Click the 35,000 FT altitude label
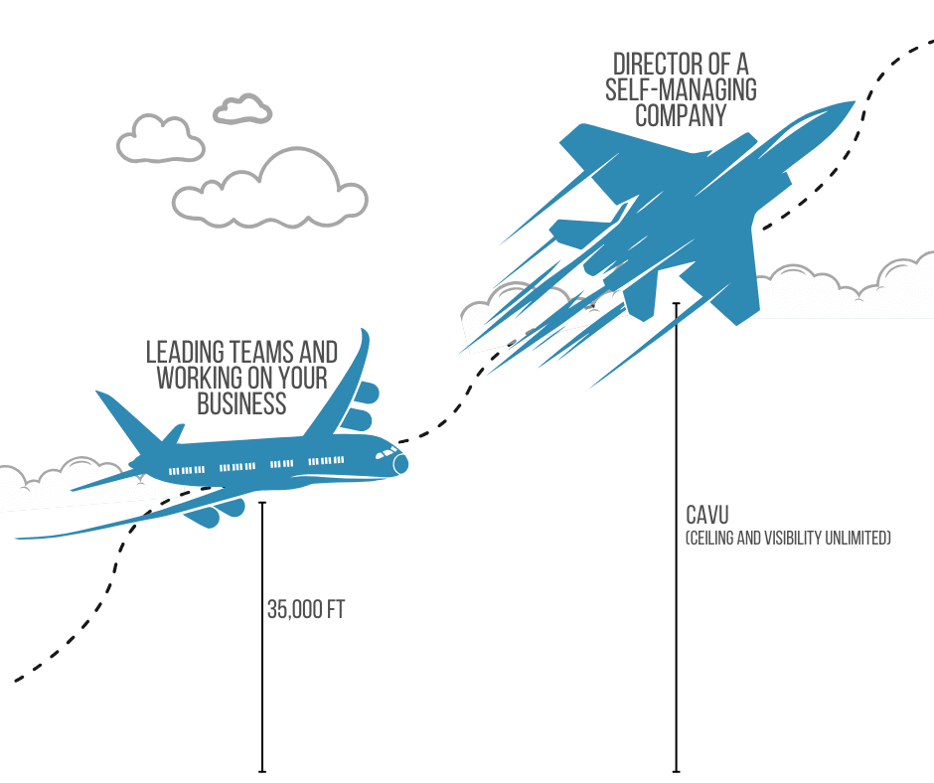[x=305, y=609]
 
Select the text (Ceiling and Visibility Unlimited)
[x=788, y=539]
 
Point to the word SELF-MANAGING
[x=681, y=90]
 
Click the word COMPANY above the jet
[x=681, y=116]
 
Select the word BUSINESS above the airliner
[x=241, y=403]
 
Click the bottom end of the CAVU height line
[x=677, y=770]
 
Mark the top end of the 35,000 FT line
[x=262, y=504]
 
